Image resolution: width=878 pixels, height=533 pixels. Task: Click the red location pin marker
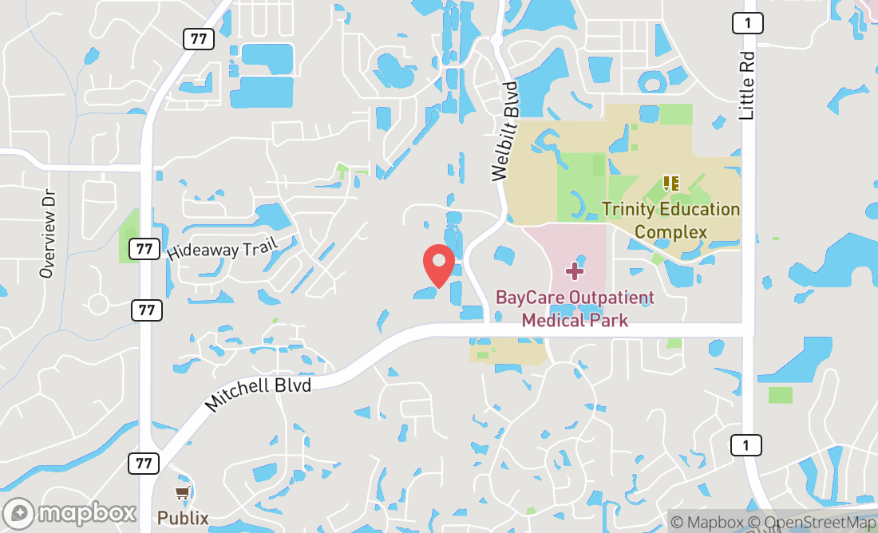(438, 264)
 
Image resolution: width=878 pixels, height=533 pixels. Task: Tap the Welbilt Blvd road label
(505, 131)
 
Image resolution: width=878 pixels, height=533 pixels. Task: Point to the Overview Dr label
(49, 234)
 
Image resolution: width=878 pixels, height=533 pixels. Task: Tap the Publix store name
(183, 518)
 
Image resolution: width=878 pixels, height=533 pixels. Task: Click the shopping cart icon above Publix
(184, 494)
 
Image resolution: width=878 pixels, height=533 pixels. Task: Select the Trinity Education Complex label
(670, 220)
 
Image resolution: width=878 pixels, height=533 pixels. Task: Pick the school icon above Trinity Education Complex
(670, 184)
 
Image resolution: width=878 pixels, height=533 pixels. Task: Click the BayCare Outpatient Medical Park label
(575, 309)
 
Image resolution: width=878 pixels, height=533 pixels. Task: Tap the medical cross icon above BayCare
(574, 272)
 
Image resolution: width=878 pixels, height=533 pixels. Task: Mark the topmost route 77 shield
(196, 38)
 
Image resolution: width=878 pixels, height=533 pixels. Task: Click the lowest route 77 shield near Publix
(145, 462)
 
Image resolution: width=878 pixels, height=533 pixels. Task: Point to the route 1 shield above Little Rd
(747, 23)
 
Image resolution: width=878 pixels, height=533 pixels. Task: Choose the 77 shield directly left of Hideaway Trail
(144, 249)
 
